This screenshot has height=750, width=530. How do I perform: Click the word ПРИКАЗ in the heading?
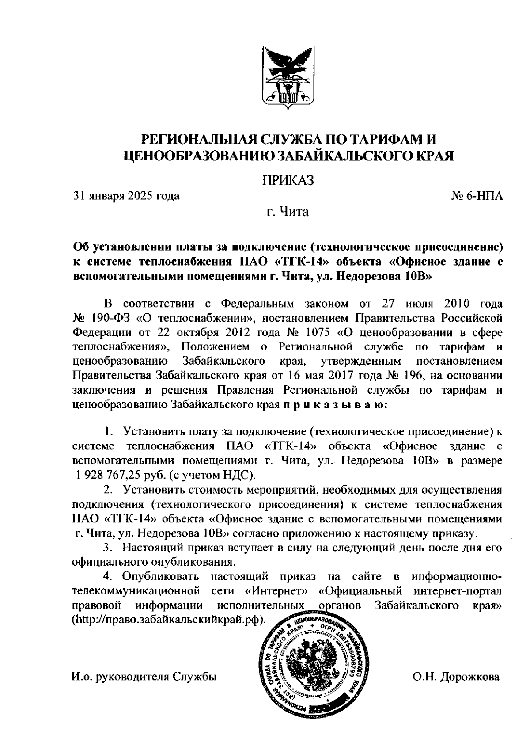click(288, 180)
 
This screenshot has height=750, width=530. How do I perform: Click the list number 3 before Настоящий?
click(106, 548)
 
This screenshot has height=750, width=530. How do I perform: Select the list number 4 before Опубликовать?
click(106, 577)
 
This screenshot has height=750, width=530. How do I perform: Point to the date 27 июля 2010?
click(413, 304)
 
